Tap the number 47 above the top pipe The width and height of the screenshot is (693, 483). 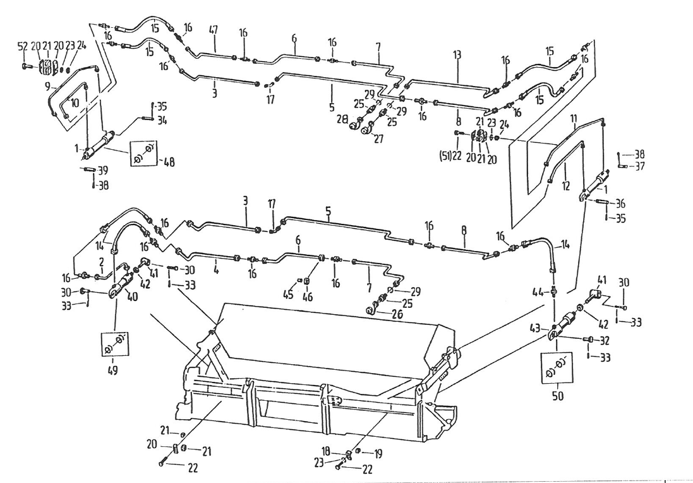pos(214,30)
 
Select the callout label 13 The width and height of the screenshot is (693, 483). pos(457,56)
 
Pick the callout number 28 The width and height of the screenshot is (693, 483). pos(343,119)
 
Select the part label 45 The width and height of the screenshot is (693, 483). pos(289,294)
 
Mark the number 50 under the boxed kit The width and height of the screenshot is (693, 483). pos(557,397)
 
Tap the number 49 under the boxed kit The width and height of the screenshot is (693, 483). pos(114,370)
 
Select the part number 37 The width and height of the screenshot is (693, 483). pos(639,166)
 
